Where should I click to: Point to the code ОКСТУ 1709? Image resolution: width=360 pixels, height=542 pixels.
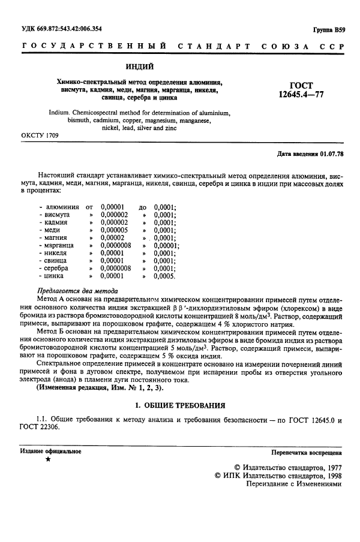click(x=40, y=137)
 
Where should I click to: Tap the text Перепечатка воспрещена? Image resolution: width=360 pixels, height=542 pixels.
click(x=305, y=451)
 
